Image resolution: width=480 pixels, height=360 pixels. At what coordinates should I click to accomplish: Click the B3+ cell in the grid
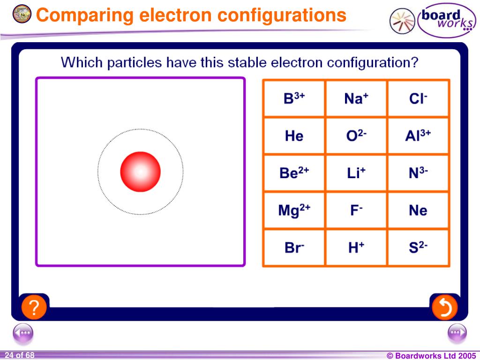pos(294,98)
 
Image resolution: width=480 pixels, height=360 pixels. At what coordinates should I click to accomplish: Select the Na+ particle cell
pos(356,98)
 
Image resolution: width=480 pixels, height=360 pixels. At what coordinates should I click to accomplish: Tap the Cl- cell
pos(418,98)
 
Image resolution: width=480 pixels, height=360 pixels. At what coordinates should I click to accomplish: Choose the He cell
pos(294,136)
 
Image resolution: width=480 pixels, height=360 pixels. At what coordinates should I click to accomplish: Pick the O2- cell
pos(356,136)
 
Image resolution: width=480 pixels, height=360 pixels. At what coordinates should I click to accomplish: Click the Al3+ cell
pos(418,136)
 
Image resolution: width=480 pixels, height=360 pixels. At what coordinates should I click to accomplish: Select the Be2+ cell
pos(294,173)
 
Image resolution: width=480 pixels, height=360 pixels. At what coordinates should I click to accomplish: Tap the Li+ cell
pos(356,173)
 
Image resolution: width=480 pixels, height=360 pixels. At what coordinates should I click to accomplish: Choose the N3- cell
pos(418,173)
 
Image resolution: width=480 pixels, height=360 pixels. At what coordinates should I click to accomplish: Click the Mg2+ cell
pos(294,210)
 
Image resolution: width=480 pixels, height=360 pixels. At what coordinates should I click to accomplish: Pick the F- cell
pos(356,210)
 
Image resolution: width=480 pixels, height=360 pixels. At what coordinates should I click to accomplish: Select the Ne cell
pos(418,210)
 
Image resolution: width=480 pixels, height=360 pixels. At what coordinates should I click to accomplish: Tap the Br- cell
pos(294,247)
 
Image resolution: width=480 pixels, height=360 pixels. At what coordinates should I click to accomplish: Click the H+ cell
pos(356,247)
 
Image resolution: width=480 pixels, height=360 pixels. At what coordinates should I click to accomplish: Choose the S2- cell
pos(418,247)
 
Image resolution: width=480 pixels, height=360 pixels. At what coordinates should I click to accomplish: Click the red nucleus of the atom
pos(140,172)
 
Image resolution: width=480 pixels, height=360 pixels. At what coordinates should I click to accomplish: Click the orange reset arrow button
pos(444,307)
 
